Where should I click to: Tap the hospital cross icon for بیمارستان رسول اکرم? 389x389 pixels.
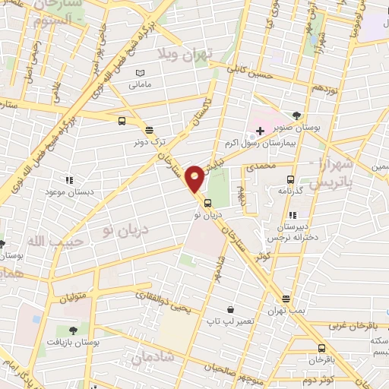tap(260, 131)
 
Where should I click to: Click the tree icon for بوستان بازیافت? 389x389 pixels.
tap(73, 330)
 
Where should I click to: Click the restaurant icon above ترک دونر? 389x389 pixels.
tap(147, 129)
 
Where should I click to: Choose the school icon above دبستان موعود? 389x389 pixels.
tap(69, 180)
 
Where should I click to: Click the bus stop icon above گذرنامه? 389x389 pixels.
tap(290, 180)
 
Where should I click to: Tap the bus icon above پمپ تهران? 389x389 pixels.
tap(286, 299)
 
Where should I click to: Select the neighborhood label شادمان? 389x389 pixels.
tap(152, 356)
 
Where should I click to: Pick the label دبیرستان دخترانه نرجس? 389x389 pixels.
tap(291, 232)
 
